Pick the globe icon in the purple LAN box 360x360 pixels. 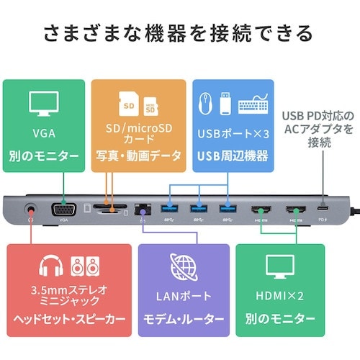(184, 267)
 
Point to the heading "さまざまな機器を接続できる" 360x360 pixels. (179, 33)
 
